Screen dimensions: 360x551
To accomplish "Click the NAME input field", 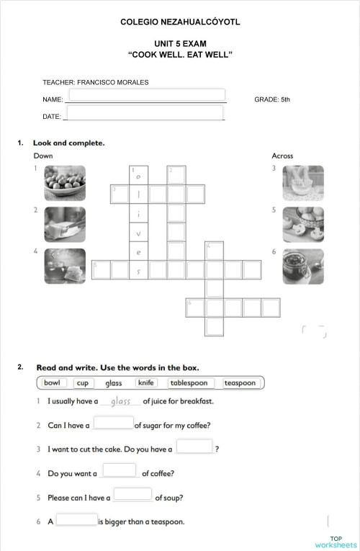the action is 146,95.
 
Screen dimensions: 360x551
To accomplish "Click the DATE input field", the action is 144,113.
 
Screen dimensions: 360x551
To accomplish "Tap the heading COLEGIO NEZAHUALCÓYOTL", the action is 180,23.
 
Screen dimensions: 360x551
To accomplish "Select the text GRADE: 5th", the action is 272,99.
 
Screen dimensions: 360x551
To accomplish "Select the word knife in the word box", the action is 147,382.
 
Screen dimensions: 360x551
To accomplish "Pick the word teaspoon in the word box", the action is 240,382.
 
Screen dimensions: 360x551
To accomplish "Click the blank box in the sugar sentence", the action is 114,424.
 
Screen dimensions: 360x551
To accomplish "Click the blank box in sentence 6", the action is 76,519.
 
